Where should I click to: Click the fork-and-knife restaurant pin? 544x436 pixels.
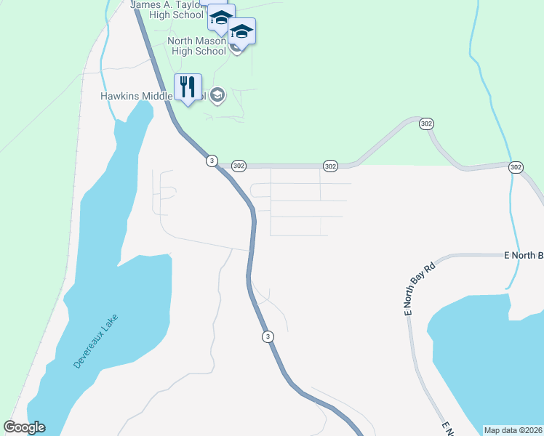click(x=188, y=87)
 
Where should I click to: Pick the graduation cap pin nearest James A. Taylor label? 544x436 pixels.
click(x=220, y=18)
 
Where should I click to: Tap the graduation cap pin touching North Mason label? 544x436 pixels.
click(x=241, y=32)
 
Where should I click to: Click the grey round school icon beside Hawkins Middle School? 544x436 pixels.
click(x=217, y=95)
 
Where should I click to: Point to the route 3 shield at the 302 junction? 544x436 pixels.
click(x=211, y=161)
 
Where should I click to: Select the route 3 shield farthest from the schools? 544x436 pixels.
click(x=268, y=336)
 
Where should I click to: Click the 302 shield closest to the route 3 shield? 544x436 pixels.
click(x=239, y=166)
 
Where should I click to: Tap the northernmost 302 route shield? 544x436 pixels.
click(x=427, y=124)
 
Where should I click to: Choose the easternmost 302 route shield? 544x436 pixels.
click(x=516, y=167)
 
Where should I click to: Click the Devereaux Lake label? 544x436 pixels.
click(x=96, y=342)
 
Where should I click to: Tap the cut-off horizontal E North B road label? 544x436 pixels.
click(x=524, y=255)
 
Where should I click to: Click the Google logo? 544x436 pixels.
click(x=25, y=427)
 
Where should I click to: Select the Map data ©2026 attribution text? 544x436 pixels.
click(x=513, y=430)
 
